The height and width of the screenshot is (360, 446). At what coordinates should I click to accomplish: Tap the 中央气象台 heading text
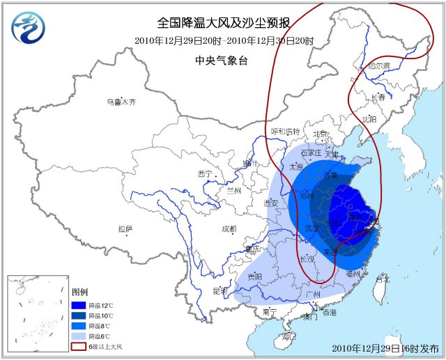click(x=222, y=61)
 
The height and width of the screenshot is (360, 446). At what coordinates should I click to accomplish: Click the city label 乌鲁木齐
click(x=121, y=102)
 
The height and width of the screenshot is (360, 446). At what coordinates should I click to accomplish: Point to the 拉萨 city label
click(x=125, y=229)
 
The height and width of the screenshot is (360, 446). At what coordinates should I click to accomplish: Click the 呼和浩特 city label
click(x=285, y=132)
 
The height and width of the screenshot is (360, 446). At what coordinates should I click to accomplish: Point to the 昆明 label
click(x=220, y=290)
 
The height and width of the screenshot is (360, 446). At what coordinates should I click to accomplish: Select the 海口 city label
click(x=280, y=337)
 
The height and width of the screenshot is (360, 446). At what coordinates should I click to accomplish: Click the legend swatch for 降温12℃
click(x=79, y=304)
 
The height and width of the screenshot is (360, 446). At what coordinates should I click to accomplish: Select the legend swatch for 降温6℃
click(x=79, y=336)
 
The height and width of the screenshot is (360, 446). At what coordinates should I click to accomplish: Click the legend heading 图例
click(x=80, y=292)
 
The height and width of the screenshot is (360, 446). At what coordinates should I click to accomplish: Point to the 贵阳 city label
click(x=254, y=276)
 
